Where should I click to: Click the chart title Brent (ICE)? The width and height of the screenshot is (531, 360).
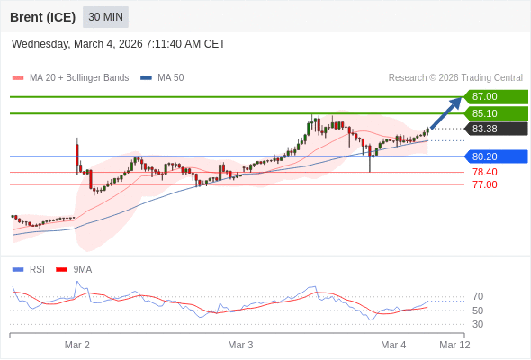coord(42,17)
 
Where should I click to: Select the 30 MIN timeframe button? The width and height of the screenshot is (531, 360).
coord(105,17)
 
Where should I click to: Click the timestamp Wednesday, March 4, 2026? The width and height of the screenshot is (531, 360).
coord(119,44)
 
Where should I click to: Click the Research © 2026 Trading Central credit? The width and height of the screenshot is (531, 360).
coord(455,77)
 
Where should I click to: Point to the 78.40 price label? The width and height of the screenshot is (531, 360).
coord(484,172)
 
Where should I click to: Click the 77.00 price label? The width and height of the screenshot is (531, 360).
coord(484,184)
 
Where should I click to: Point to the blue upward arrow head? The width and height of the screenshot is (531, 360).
coord(456,102)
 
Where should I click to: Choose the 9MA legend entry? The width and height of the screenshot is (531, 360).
coord(82,269)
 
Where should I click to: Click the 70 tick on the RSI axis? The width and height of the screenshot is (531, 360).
coord(478,296)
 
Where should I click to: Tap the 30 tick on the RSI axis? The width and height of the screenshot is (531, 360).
coord(478,324)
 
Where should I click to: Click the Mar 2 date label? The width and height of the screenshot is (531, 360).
coord(77,345)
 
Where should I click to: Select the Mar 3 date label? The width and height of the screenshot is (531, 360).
coord(240,345)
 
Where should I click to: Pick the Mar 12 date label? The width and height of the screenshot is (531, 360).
coord(454,345)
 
